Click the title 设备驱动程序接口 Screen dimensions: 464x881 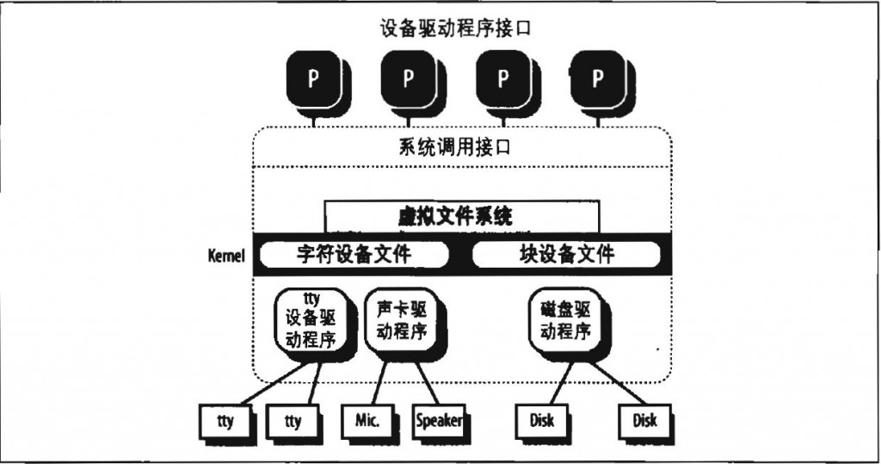pyautogui.click(x=455, y=28)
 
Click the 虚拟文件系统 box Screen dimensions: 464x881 pyautogui.click(x=461, y=216)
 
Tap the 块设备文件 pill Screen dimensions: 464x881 pyautogui.click(x=567, y=255)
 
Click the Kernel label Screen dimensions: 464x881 pyautogui.click(x=227, y=256)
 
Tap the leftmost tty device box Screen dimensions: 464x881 pyautogui.click(x=222, y=421)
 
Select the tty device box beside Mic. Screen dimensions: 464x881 pyautogui.click(x=293, y=421)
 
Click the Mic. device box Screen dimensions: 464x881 pyautogui.click(x=367, y=421)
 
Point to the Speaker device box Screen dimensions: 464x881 pyautogui.click(x=438, y=421)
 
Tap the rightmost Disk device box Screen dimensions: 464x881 pyautogui.click(x=644, y=421)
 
